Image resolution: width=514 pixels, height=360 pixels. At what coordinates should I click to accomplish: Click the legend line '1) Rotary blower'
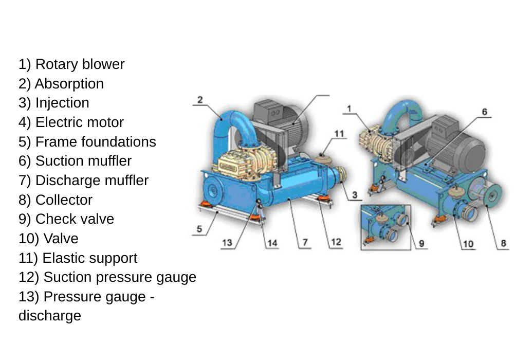pos(71,64)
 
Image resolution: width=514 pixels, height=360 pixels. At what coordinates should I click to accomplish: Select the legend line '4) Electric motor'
pos(71,122)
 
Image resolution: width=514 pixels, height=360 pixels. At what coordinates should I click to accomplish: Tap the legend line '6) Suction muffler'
pos(75,161)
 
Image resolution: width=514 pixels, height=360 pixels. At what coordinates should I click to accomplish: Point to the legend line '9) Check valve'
pos(66,219)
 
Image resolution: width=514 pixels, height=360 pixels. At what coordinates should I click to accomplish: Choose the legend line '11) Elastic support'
pos(78,258)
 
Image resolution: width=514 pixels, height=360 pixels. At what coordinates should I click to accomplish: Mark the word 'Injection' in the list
pos(62,103)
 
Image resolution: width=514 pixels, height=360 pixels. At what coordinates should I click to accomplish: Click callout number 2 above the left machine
pos(200,99)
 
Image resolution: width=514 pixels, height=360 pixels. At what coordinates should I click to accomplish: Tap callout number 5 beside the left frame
pos(199,229)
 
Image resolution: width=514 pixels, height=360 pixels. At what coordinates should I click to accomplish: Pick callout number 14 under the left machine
pos(272,243)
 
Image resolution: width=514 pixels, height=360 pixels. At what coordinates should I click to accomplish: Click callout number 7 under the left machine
pos(305,242)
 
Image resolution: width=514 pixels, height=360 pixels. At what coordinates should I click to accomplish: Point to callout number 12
pos(336,242)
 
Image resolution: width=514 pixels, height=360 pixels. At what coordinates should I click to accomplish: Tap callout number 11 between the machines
pos(339,134)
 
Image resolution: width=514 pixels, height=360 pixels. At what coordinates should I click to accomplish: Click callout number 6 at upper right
pos(484,111)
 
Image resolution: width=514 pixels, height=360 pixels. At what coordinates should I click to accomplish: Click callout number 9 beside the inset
pos(421,243)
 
